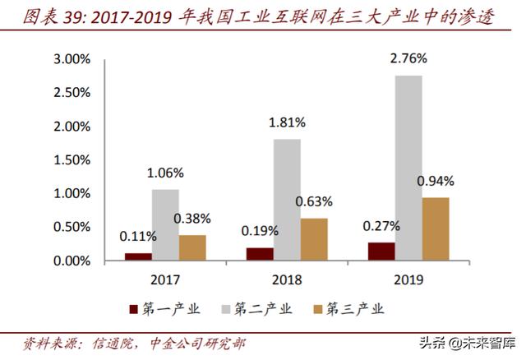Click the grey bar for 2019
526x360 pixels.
click(x=408, y=168)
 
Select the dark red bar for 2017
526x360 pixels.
click(x=138, y=256)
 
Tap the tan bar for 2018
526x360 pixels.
click(x=314, y=239)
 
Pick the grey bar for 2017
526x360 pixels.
click(x=165, y=225)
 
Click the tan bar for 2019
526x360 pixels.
click(x=436, y=229)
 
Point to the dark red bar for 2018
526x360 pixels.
click(x=260, y=254)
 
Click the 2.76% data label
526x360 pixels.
click(x=408, y=59)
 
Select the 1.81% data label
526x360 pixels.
click(x=287, y=122)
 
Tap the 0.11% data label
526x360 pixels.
click(x=137, y=237)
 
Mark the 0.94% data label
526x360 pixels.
click(x=436, y=181)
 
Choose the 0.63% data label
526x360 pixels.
click(x=315, y=201)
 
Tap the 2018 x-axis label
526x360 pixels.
click(x=287, y=280)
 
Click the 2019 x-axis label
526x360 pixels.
click(x=408, y=280)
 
